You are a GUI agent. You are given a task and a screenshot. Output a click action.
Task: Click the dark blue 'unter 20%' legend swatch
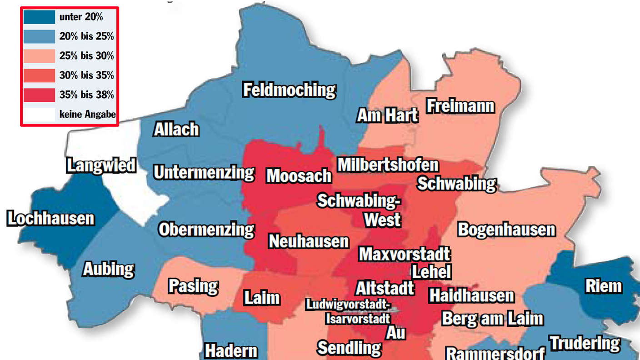point(39,17)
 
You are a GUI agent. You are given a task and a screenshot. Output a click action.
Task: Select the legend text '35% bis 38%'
point(86,95)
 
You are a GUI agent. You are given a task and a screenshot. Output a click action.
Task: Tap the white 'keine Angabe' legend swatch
point(39,114)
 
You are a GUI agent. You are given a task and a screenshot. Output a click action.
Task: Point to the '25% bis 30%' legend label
point(86,56)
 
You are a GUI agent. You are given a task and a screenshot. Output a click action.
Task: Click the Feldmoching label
point(289,90)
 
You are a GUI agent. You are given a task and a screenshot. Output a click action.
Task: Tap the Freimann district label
point(460,106)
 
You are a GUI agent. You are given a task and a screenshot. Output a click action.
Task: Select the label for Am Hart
point(387,115)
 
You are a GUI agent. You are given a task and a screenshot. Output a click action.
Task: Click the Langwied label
point(101,165)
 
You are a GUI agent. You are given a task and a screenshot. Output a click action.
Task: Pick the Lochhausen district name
point(51,219)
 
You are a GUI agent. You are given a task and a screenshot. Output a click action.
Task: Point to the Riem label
point(603,286)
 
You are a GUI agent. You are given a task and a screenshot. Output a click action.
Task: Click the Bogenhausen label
point(506,230)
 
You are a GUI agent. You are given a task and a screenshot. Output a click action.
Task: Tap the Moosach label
point(299,175)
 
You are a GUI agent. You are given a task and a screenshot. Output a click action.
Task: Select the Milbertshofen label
point(388,165)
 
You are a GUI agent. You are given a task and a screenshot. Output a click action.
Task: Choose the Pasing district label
point(193,286)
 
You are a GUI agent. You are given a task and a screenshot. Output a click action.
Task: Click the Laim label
point(261,298)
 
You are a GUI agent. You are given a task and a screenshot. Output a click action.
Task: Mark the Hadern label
point(231,351)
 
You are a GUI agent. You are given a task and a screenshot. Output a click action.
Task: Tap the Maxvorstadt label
point(404,254)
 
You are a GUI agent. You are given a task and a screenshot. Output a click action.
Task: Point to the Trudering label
point(584,343)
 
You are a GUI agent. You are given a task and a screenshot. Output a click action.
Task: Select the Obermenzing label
point(206,230)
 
